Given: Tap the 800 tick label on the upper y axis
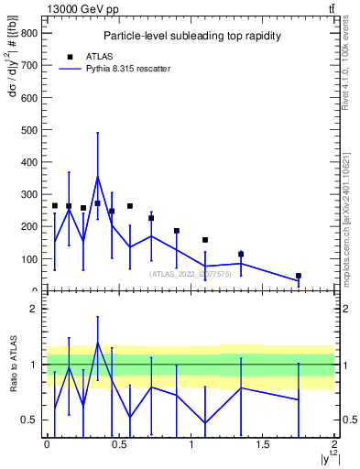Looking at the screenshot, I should tap(31, 32).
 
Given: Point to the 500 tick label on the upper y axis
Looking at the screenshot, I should tap(31, 129).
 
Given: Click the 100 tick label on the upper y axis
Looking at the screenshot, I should tap(31, 259).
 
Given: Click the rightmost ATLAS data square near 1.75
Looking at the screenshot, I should tap(299, 276).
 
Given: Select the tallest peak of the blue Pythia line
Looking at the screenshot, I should tap(97, 177).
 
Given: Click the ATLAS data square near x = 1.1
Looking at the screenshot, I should tap(205, 240).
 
